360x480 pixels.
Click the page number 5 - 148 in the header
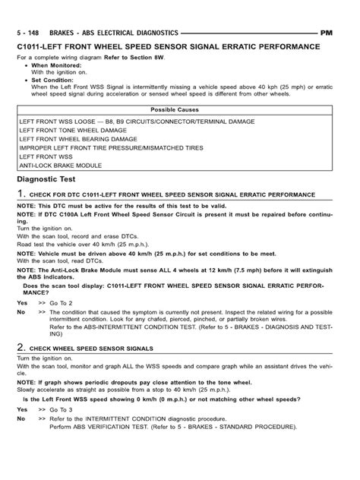pyautogui.click(x=29, y=33)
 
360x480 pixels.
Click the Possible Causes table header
pyautogui.click(x=179, y=109)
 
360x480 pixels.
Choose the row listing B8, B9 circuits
pyautogui.click(x=114, y=120)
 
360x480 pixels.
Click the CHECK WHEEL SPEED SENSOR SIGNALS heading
pyautogui.click(x=95, y=346)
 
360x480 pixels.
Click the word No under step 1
pyautogui.click(x=21, y=311)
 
